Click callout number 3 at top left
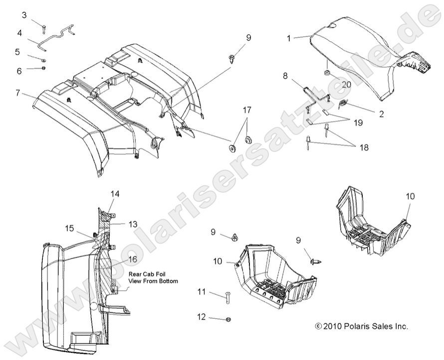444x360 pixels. (x=24, y=15)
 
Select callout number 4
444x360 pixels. (x=19, y=33)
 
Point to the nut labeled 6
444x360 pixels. (x=44, y=67)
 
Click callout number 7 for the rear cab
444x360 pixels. (x=17, y=92)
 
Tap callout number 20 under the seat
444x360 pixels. (x=346, y=84)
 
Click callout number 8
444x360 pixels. (x=285, y=76)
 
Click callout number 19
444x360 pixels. (x=358, y=122)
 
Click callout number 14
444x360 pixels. (x=115, y=194)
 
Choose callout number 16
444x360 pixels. (x=132, y=259)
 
